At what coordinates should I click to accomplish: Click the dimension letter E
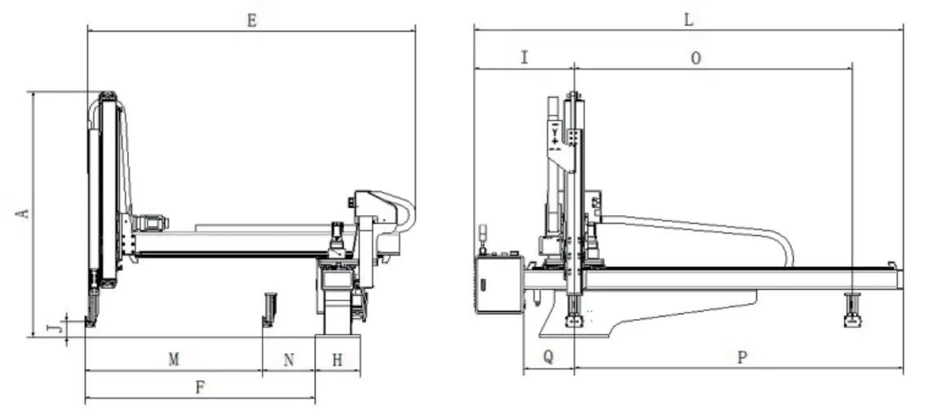pos(252,21)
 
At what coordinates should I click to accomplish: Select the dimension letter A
pos(23,213)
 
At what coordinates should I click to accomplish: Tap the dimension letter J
pos(54,328)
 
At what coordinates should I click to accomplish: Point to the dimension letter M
pos(174,360)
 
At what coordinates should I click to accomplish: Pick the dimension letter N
pos(288,360)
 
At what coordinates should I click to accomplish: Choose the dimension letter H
pos(337,360)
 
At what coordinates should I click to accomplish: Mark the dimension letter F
pos(200,388)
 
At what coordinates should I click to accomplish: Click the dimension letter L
pos(688,20)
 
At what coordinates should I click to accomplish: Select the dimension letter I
pos(524,57)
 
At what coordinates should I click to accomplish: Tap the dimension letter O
pos(695,58)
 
